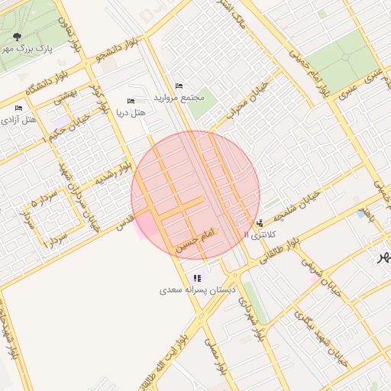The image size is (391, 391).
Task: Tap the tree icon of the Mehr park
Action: pyautogui.click(x=18, y=36)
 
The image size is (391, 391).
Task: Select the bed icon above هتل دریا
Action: pyautogui.click(x=131, y=102)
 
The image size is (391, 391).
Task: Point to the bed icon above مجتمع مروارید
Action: pyautogui.click(x=179, y=86)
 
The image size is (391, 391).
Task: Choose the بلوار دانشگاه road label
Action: pyautogui.click(x=52, y=84)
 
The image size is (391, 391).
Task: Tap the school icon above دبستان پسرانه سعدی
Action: pyautogui.click(x=197, y=279)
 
